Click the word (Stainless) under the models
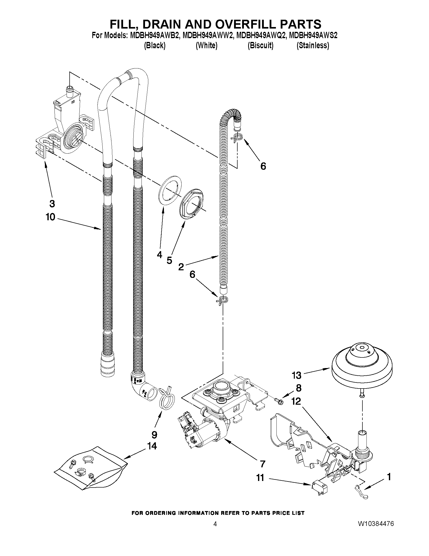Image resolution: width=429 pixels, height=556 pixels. [x=313, y=46]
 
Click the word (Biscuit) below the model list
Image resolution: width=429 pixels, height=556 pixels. [x=261, y=46]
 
